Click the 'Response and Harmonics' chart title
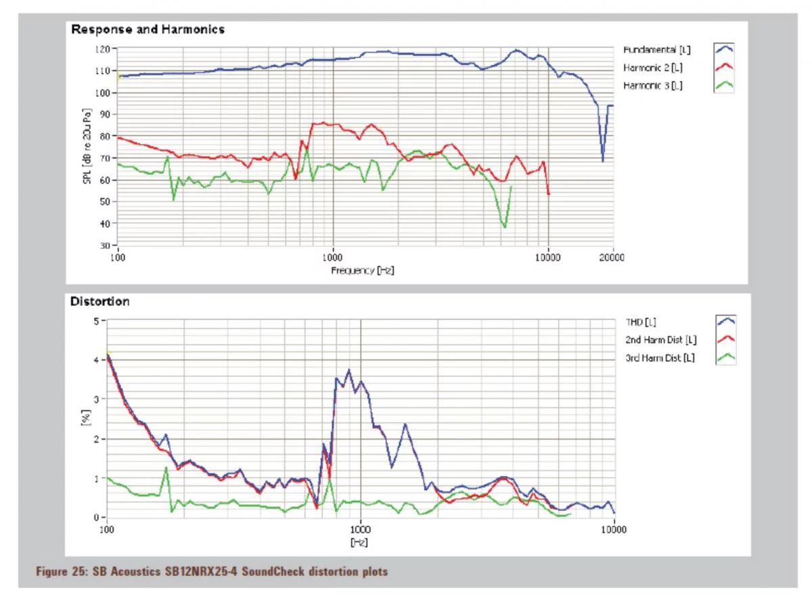tap(148, 29)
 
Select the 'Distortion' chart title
tap(99, 301)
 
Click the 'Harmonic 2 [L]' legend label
tap(652, 68)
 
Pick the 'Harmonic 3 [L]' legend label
tap(652, 85)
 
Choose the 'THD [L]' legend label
tap(641, 322)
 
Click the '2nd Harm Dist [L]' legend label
tap(662, 340)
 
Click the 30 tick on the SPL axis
tap(104, 245)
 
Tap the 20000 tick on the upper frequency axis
tap(613, 257)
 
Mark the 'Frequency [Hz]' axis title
tap(363, 270)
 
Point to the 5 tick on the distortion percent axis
tap(95, 320)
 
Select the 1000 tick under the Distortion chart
tap(361, 529)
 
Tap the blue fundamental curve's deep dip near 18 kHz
tap(602, 160)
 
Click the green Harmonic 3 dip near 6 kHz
tap(504, 226)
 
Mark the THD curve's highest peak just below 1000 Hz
tap(348, 370)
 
